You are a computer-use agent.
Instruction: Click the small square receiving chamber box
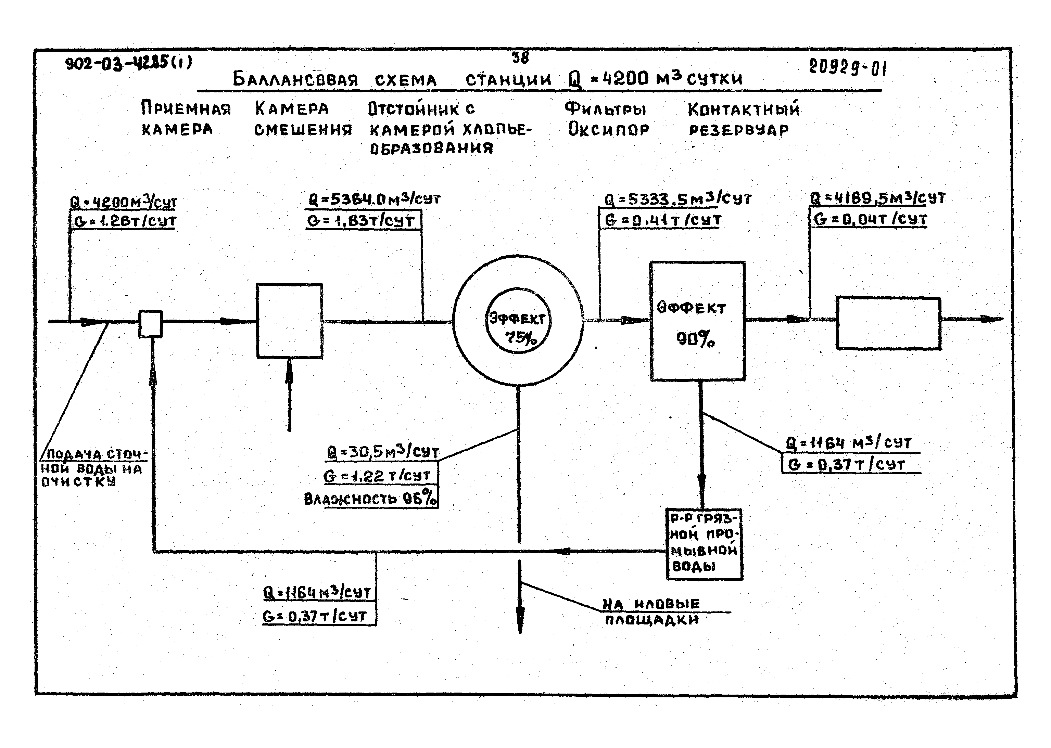point(151,323)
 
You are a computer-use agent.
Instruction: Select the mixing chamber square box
point(289,321)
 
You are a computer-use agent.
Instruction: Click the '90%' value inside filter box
point(696,340)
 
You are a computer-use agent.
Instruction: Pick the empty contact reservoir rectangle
point(888,323)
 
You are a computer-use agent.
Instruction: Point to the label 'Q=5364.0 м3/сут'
point(374,199)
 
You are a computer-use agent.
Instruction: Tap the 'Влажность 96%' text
point(370,499)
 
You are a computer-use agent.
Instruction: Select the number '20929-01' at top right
point(847,68)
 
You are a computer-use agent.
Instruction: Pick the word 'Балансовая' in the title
point(295,80)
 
